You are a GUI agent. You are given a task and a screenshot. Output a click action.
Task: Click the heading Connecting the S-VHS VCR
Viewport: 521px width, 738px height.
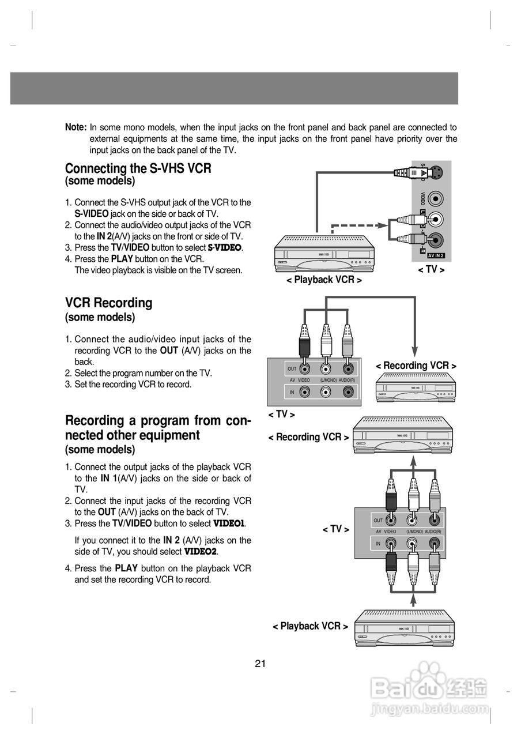point(138,168)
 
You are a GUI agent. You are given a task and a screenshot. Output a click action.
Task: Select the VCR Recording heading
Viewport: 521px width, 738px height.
point(108,303)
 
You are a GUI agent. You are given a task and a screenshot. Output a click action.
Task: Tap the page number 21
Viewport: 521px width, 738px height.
point(260,664)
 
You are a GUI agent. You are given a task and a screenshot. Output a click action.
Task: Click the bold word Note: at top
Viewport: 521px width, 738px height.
point(75,127)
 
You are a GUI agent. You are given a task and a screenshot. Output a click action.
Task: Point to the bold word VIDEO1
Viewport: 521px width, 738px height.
point(229,524)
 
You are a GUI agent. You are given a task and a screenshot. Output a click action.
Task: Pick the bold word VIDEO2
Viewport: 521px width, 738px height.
point(200,552)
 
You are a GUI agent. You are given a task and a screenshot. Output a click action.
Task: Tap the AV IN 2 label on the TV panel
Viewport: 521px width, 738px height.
point(436,255)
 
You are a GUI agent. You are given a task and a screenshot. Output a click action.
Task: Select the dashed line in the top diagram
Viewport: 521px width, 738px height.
point(357,225)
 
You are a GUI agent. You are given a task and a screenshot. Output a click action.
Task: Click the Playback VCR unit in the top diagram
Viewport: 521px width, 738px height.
point(324,253)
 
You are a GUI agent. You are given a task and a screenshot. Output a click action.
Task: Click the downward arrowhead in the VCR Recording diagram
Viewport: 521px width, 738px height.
point(414,351)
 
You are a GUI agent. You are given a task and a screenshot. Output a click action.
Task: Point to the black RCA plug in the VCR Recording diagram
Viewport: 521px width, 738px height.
point(304,344)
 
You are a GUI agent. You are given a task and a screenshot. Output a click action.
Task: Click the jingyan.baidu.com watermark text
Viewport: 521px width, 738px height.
point(430,709)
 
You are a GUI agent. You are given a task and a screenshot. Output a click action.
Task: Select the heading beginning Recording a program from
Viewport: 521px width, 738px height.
point(157,428)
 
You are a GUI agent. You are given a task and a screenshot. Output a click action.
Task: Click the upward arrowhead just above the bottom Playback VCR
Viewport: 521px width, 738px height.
point(413,600)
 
